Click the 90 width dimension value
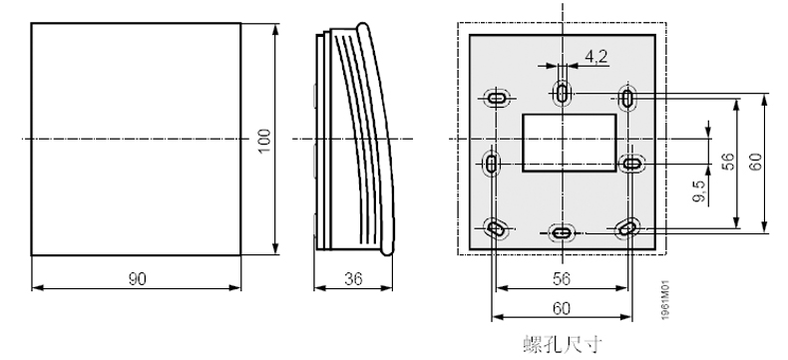point(135,279)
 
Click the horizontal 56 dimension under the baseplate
point(562,279)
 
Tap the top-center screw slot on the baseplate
point(563,94)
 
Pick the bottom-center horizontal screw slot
point(563,232)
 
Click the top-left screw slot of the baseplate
point(496,98)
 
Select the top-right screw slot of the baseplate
point(628,98)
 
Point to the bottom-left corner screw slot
point(496,228)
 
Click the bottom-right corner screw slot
point(627,228)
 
